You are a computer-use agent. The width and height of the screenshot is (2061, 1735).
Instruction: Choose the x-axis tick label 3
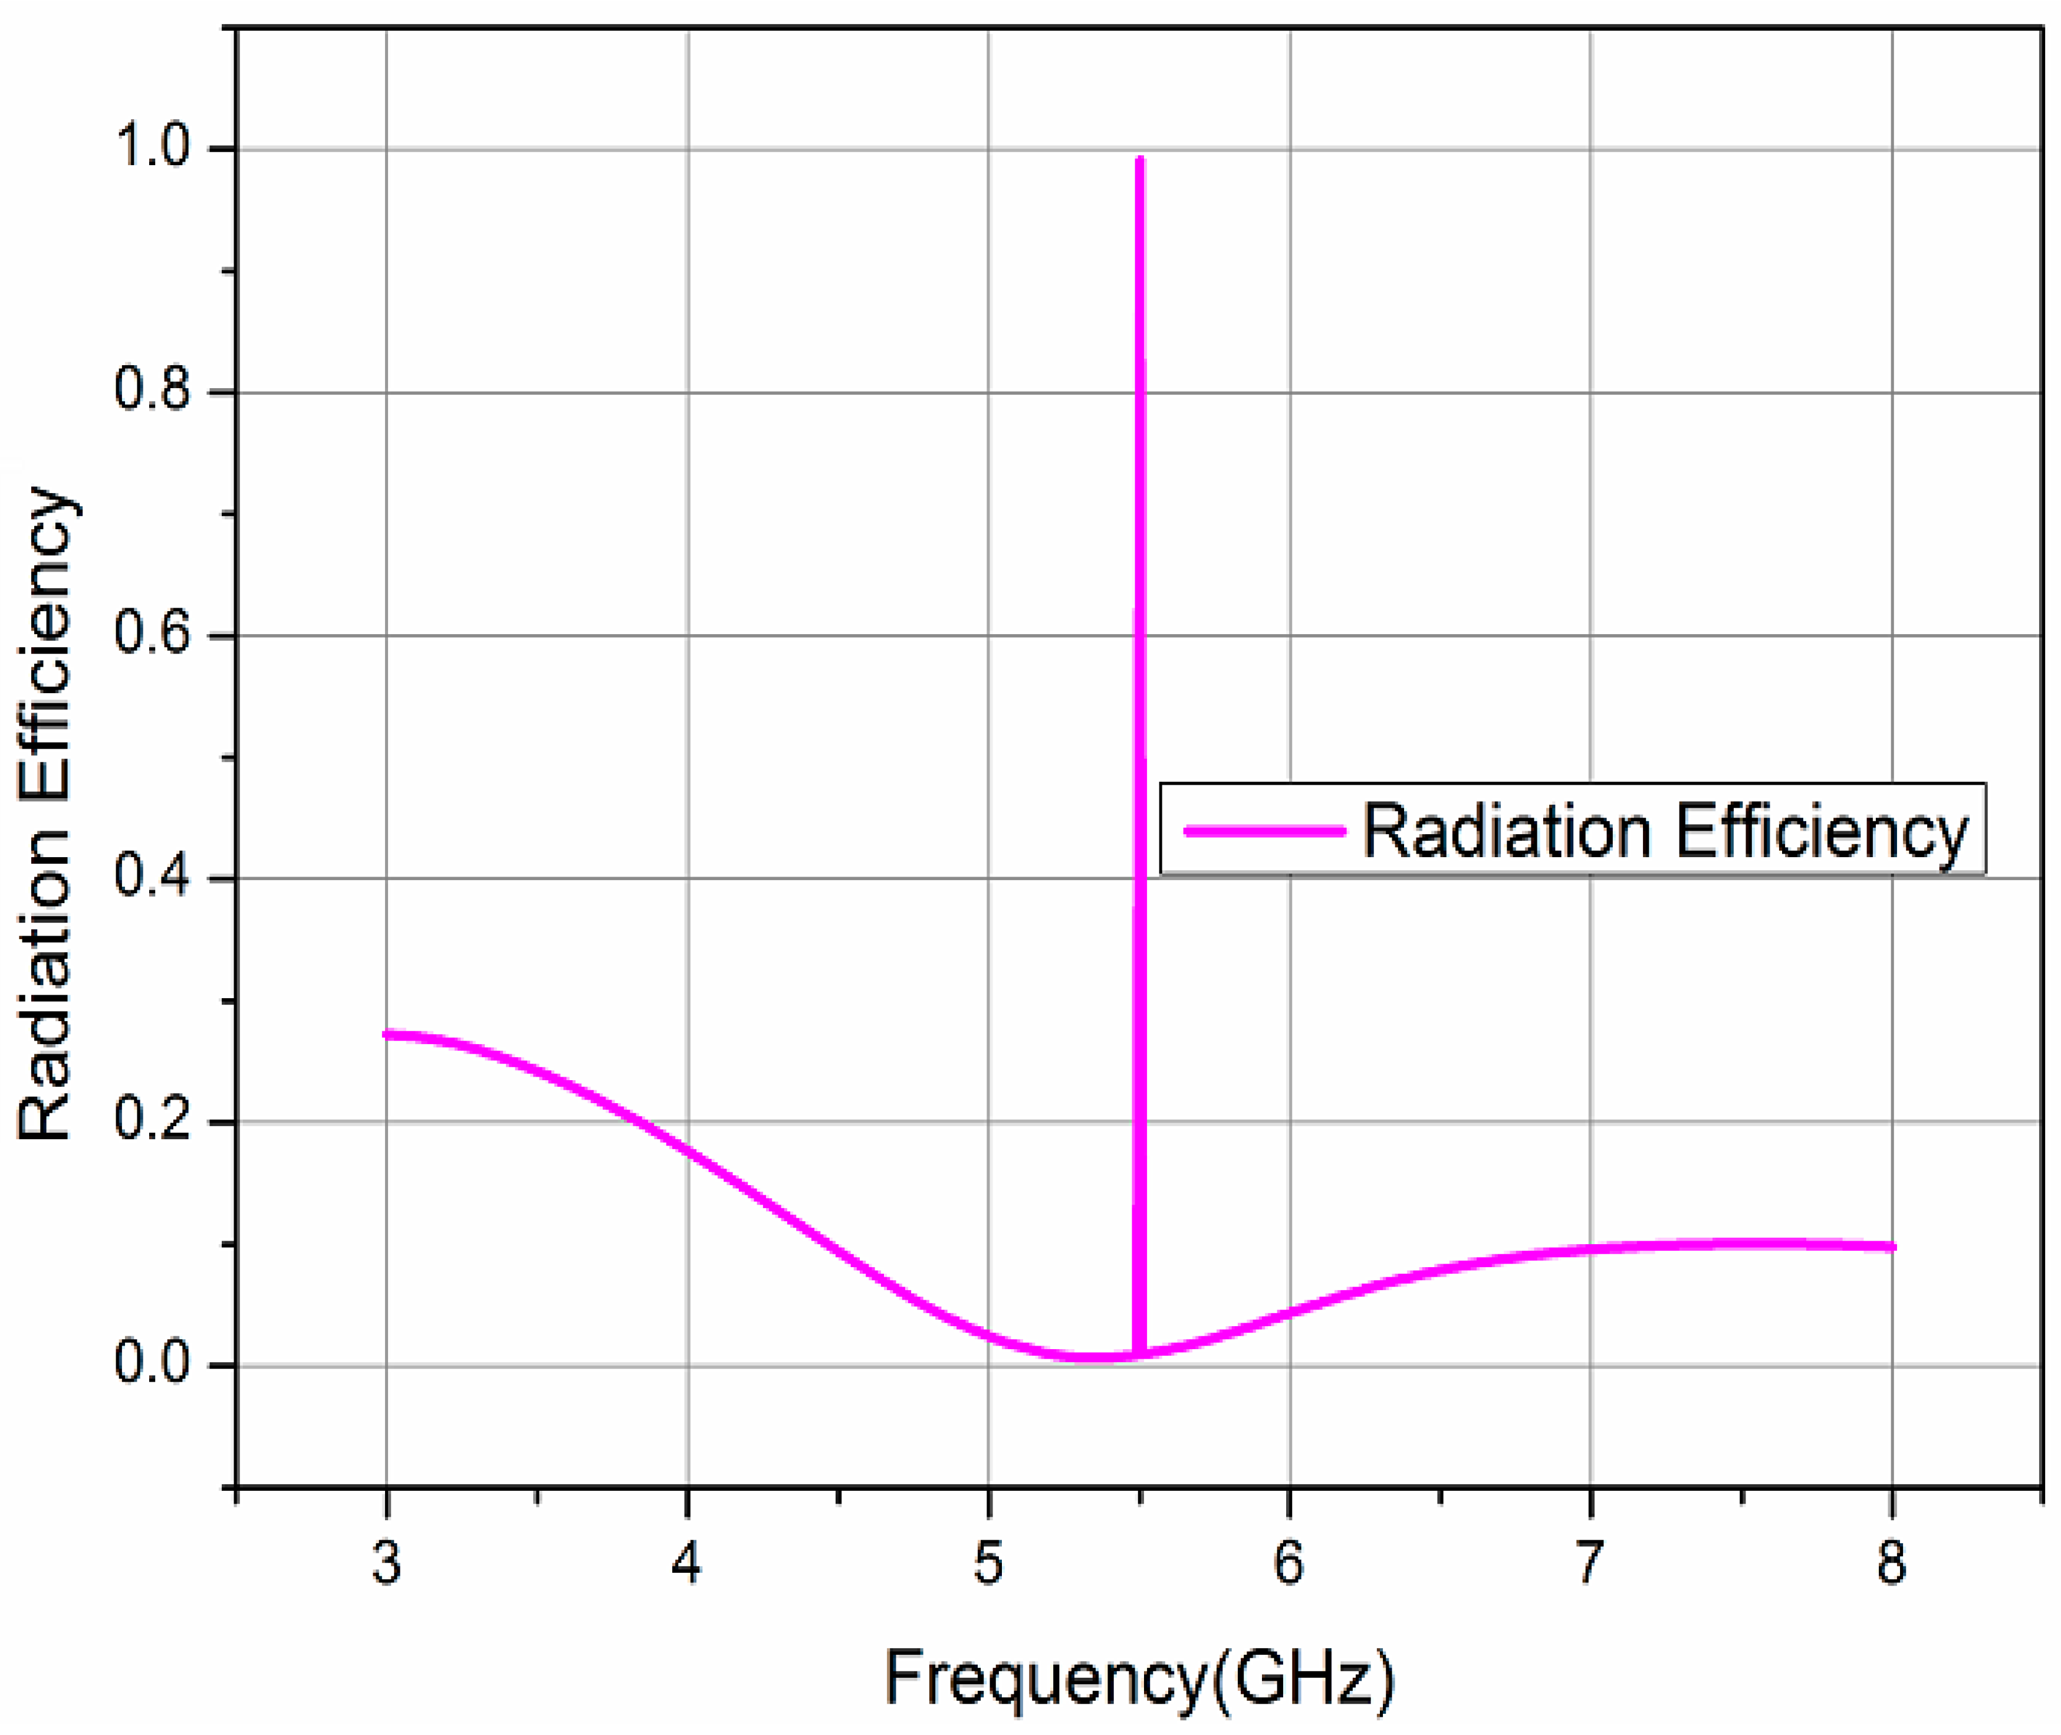click(x=386, y=1562)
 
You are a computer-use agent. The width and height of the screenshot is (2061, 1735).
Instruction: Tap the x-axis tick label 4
click(x=688, y=1562)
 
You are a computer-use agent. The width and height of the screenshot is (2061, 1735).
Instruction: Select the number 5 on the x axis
click(x=988, y=1562)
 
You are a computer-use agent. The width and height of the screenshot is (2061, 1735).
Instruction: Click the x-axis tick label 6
click(x=1289, y=1562)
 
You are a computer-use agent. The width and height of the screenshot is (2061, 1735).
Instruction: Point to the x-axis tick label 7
click(x=1590, y=1562)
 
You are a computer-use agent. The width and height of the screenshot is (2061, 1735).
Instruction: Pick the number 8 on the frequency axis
click(x=1891, y=1562)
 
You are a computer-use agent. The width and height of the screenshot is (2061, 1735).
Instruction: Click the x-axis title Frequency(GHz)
click(x=1139, y=1678)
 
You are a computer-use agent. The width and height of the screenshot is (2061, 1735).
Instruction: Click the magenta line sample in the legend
click(x=1264, y=831)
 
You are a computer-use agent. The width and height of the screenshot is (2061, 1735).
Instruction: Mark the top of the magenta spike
click(x=1140, y=159)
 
